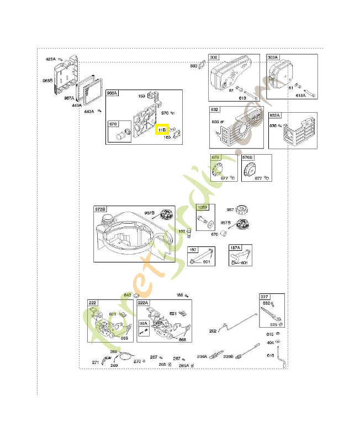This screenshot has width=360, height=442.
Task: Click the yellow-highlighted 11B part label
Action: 162,130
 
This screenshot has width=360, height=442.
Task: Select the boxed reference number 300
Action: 214,57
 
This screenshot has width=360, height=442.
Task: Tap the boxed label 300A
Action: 273,57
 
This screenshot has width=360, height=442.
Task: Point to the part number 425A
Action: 51,59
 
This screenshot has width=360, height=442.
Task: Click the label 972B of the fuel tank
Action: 100,209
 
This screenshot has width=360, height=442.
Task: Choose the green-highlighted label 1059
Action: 203,208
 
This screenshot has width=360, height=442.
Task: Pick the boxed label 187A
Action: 235,250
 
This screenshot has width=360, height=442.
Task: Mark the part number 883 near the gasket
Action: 194,66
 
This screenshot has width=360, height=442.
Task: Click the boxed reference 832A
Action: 274,115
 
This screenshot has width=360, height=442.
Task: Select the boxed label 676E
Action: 247,157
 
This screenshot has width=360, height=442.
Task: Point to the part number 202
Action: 213,331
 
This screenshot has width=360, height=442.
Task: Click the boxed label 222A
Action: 143,303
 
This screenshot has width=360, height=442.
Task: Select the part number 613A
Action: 300,96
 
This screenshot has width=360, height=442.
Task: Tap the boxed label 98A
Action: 143,323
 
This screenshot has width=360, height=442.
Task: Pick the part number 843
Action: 127,295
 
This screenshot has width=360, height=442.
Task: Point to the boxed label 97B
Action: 113,124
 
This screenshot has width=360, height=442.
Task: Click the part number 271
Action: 95,363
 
